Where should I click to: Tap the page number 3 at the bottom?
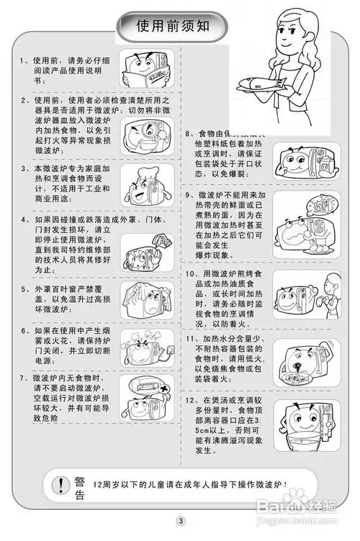tap(181, 520)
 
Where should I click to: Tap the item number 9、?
tap(191, 195)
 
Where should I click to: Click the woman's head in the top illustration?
tap(300, 32)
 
